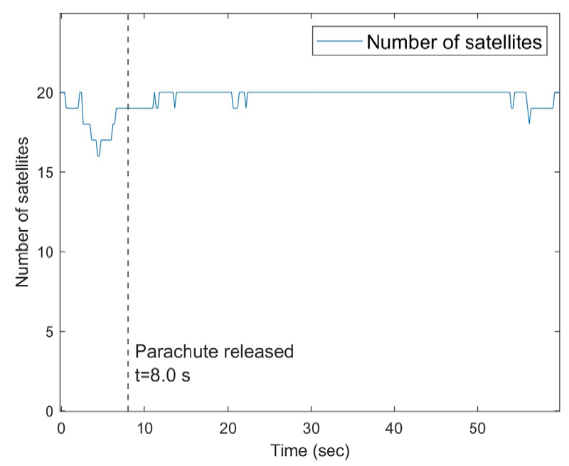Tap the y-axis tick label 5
[50, 332]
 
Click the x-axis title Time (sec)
[310, 450]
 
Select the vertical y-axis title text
[23, 212]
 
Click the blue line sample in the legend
[340, 42]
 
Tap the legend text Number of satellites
[454, 42]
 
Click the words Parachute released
[214, 351]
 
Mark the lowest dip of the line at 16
[98, 156]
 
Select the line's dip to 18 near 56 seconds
[529, 124]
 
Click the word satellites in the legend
[507, 42]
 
